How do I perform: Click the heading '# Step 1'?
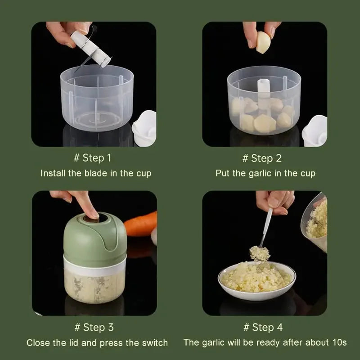93,158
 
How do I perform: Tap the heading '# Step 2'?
262,158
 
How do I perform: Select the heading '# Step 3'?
94,327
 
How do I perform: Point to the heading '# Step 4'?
263,327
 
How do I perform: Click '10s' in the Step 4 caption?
339,342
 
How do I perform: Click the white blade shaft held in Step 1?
91,49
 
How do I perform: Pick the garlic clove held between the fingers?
263,42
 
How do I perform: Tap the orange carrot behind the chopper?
140,224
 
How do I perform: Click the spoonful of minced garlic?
260,253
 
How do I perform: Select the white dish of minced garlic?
256,280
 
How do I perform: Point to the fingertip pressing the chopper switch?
94,215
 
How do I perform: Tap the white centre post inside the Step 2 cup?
263,92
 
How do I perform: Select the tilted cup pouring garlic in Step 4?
315,221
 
